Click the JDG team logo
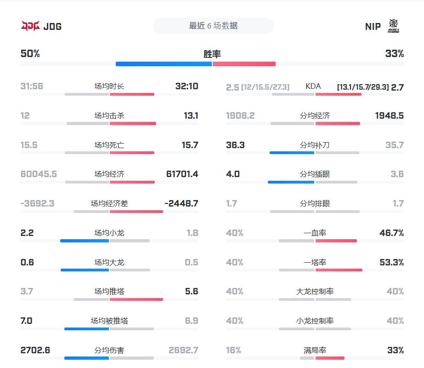pyautogui.click(x=30, y=26)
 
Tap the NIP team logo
pyautogui.click(x=393, y=26)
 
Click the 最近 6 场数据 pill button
pyautogui.click(x=213, y=26)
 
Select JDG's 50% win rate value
pyautogui.click(x=30, y=54)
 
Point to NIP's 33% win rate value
pyautogui.click(x=395, y=54)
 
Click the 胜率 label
pyautogui.click(x=212, y=54)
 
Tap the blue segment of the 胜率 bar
pyautogui.click(x=164, y=64)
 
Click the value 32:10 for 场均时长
pyautogui.click(x=187, y=86)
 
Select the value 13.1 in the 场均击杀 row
pyautogui.click(x=191, y=115)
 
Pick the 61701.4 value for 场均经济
pyautogui.click(x=182, y=174)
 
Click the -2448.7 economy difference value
pyautogui.click(x=181, y=203)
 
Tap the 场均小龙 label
pyautogui.click(x=109, y=233)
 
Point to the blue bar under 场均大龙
pyautogui.click(x=85, y=270)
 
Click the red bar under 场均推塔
pyautogui.click(x=136, y=299)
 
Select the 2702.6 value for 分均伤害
pyautogui.click(x=35, y=350)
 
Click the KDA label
pyautogui.click(x=313, y=86)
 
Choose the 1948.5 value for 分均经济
pyautogui.click(x=389, y=115)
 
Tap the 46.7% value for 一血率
pyautogui.click(x=391, y=233)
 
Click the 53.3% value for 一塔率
pyautogui.click(x=391, y=262)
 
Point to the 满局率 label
pyautogui.click(x=315, y=350)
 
